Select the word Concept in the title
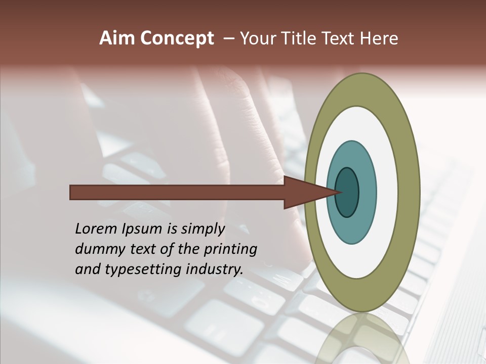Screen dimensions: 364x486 (x=177, y=38)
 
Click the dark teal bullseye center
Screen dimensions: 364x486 (x=347, y=193)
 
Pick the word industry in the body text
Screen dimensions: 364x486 (x=215, y=270)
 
